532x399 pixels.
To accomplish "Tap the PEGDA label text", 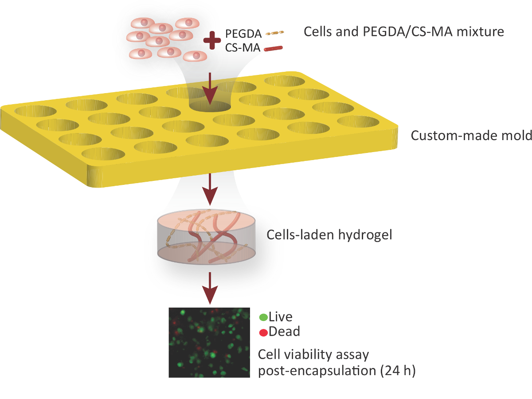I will click(243, 33).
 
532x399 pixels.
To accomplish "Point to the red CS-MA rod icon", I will click(274, 49).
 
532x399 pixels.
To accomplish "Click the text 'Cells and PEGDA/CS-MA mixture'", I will click(403, 32).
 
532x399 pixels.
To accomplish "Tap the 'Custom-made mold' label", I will click(471, 135).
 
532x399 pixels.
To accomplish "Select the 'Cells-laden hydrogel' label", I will click(329, 235).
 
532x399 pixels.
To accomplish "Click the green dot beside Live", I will click(263, 317).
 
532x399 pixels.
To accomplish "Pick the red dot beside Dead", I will click(263, 332).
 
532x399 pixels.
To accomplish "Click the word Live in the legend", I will click(281, 317).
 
